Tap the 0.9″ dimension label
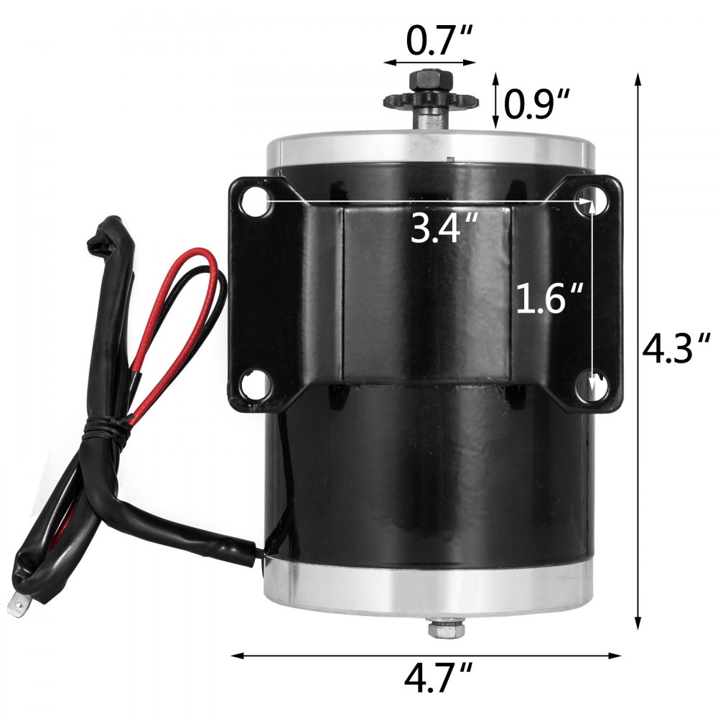pos(536,105)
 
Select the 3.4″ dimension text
pos(444,229)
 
